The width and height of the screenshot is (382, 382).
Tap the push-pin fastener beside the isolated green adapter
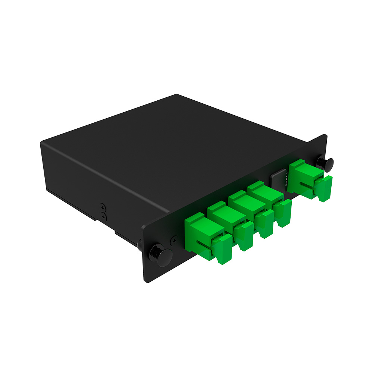pos(325,163)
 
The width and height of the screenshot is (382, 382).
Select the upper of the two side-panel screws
pos(103,207)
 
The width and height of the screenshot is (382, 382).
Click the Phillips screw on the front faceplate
pos(173,241)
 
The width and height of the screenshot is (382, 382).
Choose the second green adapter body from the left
pos(222,216)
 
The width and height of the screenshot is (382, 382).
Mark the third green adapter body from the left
pos(242,204)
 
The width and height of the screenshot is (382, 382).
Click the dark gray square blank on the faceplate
pos(277,179)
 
